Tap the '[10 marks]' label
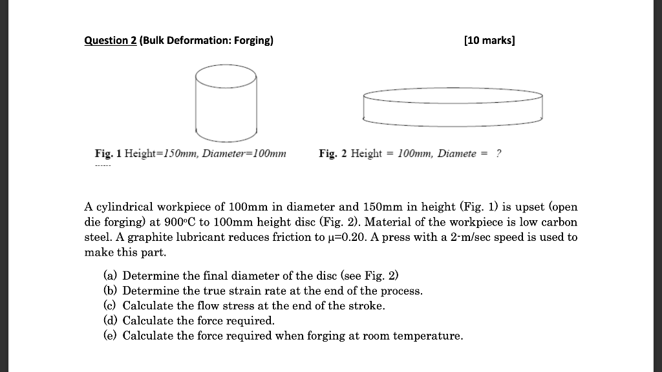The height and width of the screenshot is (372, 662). tap(489, 41)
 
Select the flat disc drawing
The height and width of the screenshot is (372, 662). tap(453, 106)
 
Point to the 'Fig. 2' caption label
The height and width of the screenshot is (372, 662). tap(332, 154)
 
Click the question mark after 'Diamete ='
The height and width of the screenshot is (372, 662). tap(498, 154)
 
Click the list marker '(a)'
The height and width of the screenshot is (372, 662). tap(111, 276)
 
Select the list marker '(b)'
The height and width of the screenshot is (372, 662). tap(111, 291)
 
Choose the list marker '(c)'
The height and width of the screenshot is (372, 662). tap(111, 305)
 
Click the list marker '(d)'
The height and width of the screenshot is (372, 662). tap(111, 320)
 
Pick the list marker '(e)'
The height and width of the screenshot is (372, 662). tap(111, 335)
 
